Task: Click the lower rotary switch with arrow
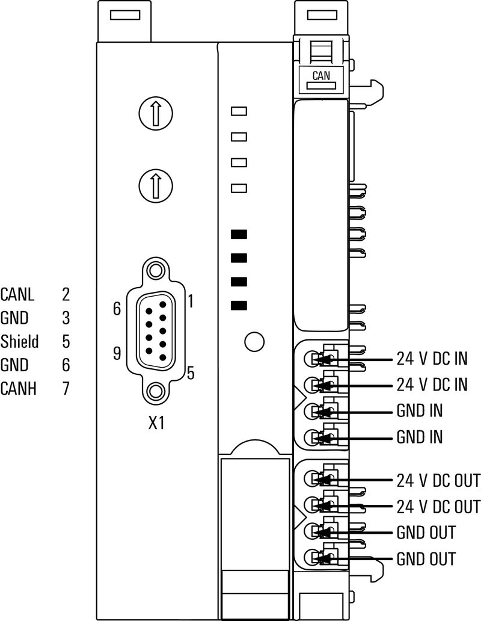[155, 185]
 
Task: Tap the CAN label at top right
[320, 76]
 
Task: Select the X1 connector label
[156, 423]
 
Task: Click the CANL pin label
[18, 295]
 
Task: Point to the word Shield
[19, 342]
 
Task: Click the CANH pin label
[19, 389]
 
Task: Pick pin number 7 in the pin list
[66, 389]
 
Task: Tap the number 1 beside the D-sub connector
[190, 300]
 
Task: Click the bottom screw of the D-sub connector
[156, 392]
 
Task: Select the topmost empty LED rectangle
[239, 111]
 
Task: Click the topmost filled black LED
[239, 234]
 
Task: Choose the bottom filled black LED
[239, 305]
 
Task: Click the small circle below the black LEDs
[255, 341]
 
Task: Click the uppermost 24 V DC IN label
[432, 360]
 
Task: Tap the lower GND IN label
[420, 437]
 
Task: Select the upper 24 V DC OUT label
[438, 481]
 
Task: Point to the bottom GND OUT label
[426, 558]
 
